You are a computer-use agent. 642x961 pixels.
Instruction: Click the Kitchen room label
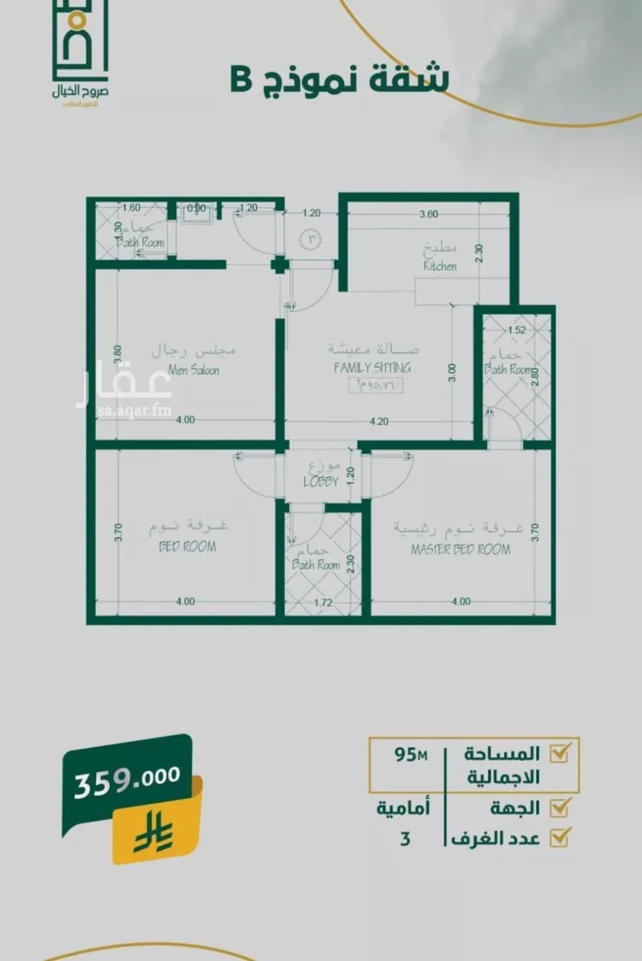(440, 266)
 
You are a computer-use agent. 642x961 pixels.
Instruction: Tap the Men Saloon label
(193, 370)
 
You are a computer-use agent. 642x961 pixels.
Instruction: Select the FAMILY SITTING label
(372, 368)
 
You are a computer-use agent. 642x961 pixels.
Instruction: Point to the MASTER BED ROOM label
(461, 549)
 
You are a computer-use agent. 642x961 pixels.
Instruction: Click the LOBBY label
(321, 481)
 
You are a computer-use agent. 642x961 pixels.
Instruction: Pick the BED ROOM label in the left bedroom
(187, 546)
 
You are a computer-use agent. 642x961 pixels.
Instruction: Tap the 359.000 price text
(128, 777)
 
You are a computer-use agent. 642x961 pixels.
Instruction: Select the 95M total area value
(411, 755)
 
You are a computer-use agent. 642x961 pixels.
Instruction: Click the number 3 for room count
(405, 839)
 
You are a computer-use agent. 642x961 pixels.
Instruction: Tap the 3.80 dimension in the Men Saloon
(119, 355)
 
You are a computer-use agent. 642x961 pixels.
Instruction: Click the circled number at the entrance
(311, 240)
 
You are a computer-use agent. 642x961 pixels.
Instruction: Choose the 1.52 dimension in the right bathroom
(516, 329)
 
